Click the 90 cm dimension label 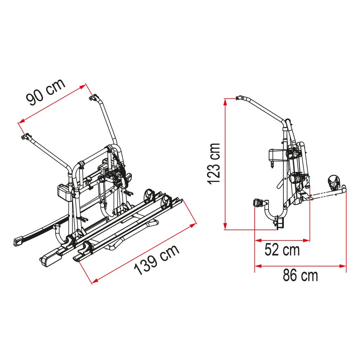tap(46, 92)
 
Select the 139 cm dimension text tap(157, 259)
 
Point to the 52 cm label tap(282, 250)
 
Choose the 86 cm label tap(300, 275)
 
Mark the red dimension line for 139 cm tap(144, 253)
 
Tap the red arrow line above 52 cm tap(282, 241)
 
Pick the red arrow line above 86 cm tap(300, 266)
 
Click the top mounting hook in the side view tap(240, 98)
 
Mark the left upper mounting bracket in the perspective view tap(25, 136)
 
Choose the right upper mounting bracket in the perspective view tap(93, 97)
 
